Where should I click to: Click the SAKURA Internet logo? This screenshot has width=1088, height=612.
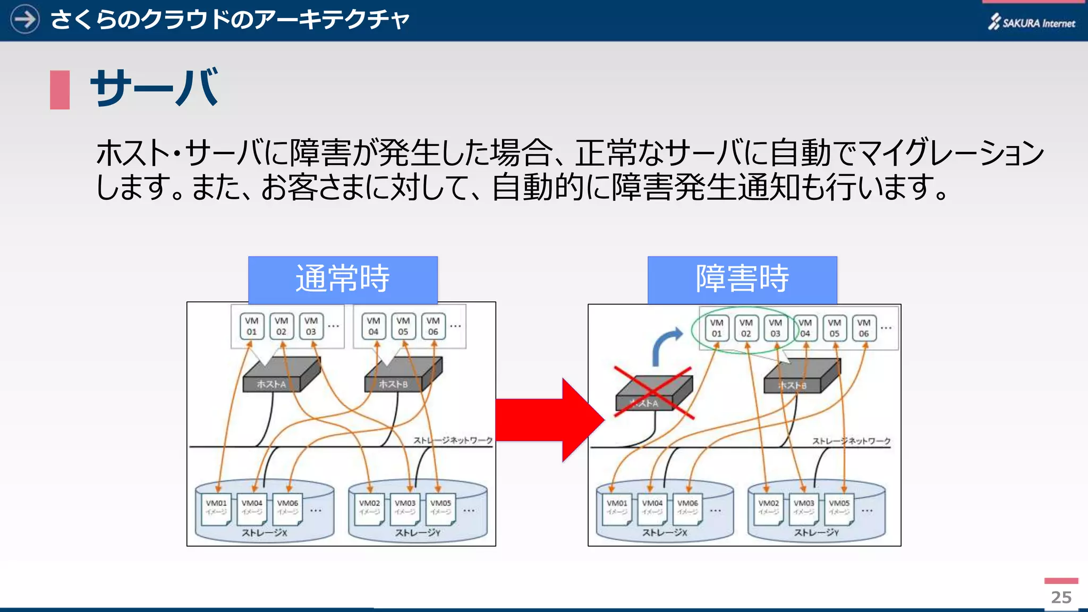click(x=1031, y=22)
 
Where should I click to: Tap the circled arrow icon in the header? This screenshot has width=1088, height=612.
click(x=24, y=19)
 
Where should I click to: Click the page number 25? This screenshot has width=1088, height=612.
click(x=1061, y=597)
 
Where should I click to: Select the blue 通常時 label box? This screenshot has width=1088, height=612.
click(x=343, y=279)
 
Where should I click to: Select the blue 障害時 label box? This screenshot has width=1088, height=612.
click(x=742, y=279)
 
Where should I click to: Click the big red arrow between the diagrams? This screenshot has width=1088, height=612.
click(x=547, y=420)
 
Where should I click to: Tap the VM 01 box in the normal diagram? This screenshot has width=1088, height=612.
click(x=251, y=326)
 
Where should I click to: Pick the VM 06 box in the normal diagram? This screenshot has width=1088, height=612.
click(x=433, y=326)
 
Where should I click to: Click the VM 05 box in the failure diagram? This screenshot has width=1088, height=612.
click(x=834, y=328)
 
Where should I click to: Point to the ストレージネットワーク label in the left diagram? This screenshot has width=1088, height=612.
click(x=453, y=440)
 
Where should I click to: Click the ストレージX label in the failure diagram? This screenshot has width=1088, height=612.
click(x=665, y=532)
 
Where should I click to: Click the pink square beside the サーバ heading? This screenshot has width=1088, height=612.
click(x=59, y=90)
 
